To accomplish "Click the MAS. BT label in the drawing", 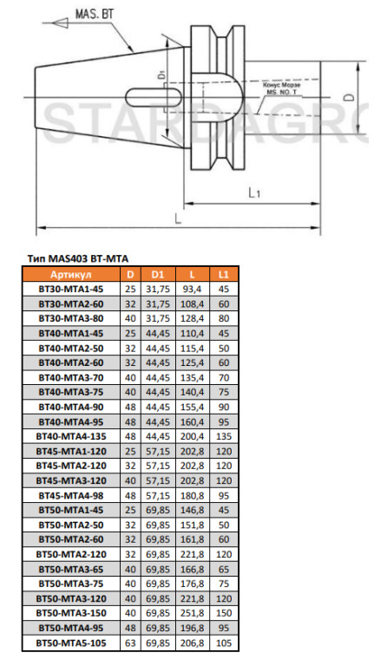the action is (95, 14).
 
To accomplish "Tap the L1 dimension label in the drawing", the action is (254, 192).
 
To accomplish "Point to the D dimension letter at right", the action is (348, 97).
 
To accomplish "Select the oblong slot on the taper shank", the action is (154, 97).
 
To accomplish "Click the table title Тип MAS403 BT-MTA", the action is (78, 259).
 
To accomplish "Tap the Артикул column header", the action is (71, 275).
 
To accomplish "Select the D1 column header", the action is (158, 275).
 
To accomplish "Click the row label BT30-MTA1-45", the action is (71, 289).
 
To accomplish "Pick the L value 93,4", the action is (192, 289).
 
